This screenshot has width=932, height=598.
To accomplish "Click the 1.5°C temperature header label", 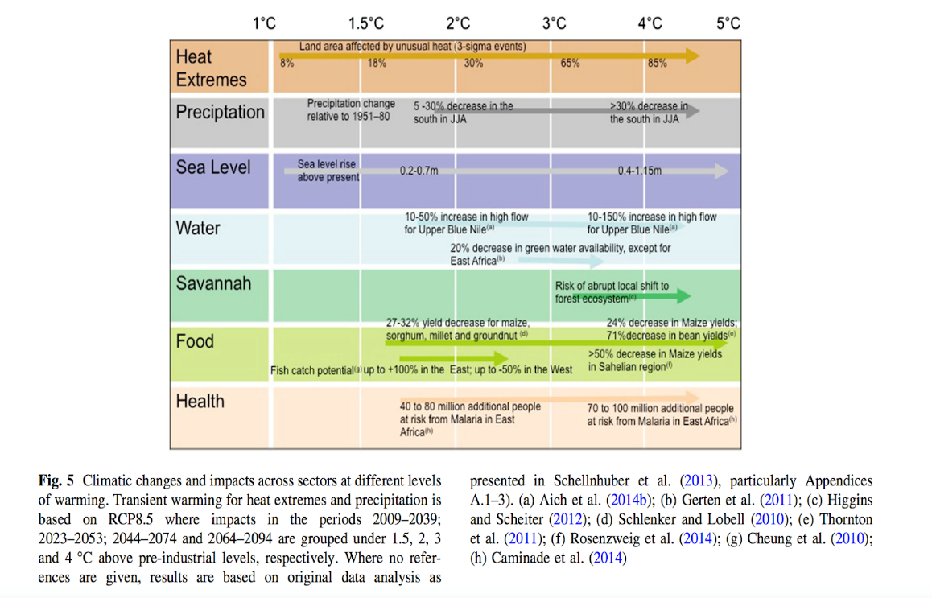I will click(365, 23).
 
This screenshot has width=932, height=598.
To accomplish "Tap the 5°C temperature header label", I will click(728, 23).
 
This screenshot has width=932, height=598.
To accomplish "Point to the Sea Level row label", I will click(213, 167).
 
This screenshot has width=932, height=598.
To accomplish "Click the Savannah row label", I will click(213, 283).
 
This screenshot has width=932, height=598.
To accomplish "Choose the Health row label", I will click(200, 401).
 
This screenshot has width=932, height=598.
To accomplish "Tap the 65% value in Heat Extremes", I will click(570, 64).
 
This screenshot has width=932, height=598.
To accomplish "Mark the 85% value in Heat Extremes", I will click(657, 64).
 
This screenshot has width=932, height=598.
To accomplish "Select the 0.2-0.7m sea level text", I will click(419, 171).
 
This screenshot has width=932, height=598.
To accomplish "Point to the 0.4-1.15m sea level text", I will click(640, 171).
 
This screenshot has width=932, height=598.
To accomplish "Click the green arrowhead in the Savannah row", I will click(683, 297).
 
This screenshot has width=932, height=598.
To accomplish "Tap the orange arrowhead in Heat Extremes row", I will click(692, 55).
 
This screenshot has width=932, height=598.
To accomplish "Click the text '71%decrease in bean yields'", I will click(670, 334).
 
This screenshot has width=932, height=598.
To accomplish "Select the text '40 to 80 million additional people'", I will click(470, 407).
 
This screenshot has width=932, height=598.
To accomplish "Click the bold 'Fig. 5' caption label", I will click(56, 481).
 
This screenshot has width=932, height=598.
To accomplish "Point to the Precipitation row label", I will click(220, 112).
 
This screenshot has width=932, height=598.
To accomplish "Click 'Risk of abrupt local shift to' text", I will click(612, 287).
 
